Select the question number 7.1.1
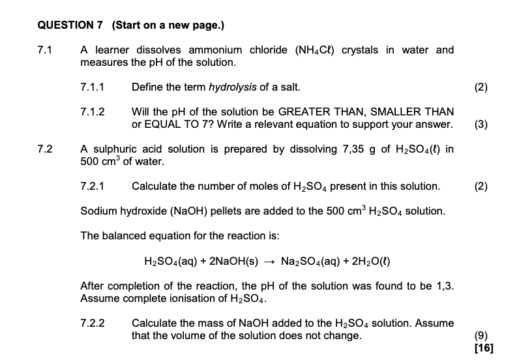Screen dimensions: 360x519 [x=92, y=87]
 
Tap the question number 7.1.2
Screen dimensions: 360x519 [x=92, y=112]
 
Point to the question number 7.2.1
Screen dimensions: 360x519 [x=92, y=187]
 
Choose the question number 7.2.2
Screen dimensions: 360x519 [x=92, y=323]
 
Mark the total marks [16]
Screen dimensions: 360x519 [x=484, y=348]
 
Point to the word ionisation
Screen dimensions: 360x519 [x=188, y=299]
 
